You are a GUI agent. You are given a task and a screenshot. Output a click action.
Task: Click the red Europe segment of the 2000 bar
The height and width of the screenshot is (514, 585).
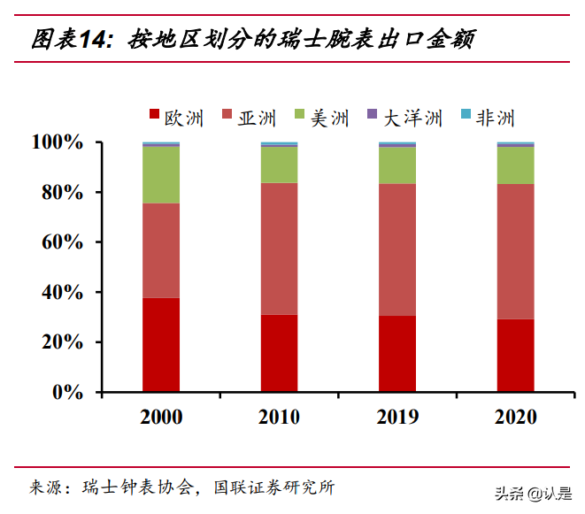pos(161,344)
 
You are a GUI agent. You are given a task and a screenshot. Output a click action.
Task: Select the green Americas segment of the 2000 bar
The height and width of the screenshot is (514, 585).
pos(161,174)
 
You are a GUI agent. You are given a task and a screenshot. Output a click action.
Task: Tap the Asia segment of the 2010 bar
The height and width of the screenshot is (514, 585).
pos(279,249)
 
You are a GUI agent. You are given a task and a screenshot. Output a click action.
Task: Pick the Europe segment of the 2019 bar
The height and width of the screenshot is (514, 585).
pos(397,353)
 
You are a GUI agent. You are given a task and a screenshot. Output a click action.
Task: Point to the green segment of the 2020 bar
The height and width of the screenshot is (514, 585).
pos(515,165)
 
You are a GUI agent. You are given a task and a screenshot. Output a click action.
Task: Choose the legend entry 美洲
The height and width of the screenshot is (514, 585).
pos(321,118)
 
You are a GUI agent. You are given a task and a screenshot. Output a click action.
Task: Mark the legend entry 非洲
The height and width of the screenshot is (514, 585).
pos(486,118)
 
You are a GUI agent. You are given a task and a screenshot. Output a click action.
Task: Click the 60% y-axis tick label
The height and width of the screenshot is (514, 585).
pos(63,242)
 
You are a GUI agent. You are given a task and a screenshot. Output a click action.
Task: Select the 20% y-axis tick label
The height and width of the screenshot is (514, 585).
pos(63,342)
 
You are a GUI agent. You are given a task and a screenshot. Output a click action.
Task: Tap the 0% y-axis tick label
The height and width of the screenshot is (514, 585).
pos(68,392)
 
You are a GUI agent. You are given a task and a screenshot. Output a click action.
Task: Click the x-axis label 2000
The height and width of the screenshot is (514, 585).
pos(161,417)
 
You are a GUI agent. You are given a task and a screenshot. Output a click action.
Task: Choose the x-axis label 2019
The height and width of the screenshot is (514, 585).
pos(397,417)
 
